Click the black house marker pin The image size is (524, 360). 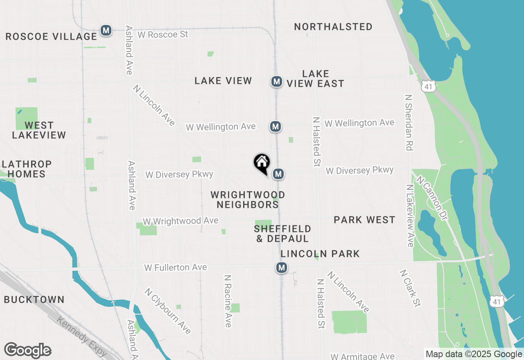pos(262,163)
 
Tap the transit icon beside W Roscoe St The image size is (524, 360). pos(106,30)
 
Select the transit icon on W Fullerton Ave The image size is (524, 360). pos(281,268)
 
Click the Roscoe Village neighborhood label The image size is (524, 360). pos(51,36)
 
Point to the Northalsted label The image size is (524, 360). pos(333,27)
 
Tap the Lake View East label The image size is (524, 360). pos(315,79)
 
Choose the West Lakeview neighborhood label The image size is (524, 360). pos(39,130)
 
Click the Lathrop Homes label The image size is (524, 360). pos(27,169)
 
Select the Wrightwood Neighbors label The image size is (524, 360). pos(248,200)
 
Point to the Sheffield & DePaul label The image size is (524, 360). pos(282,234)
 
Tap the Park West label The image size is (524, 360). pos(364,220)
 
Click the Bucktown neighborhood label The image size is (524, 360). pos(34,300)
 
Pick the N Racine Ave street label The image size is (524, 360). pos(228,301)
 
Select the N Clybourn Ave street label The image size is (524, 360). pos(167,311)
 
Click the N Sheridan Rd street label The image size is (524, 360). pos(408,123)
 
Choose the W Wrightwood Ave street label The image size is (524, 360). pos(181,221)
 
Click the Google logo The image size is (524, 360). pos(27,350)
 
